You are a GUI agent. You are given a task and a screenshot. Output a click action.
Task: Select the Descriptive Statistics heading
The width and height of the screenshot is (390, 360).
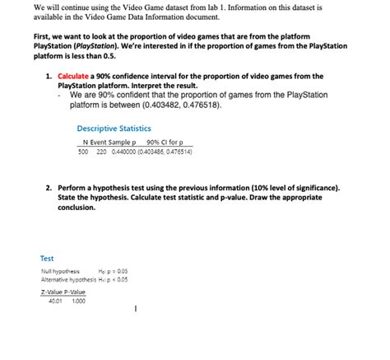(112, 128)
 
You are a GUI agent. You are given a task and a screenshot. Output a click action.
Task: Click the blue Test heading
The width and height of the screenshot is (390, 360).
(47, 258)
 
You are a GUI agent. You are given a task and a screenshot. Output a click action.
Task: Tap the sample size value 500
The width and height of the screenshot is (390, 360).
(83, 152)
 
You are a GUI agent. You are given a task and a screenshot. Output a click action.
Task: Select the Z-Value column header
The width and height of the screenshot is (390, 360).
(51, 292)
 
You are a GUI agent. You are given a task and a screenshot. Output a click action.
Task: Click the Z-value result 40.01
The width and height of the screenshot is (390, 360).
(56, 301)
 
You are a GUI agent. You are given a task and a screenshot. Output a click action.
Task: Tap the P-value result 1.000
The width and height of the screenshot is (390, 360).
(79, 301)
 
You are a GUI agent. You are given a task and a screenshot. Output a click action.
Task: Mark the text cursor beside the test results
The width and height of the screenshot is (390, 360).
(135, 311)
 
